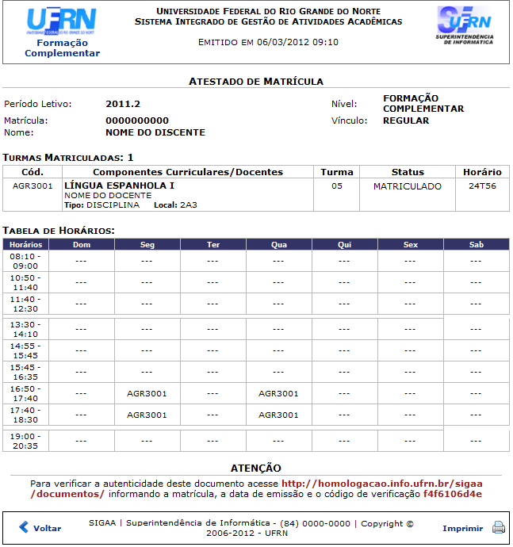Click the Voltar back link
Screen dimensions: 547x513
point(47,528)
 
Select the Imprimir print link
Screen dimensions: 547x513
point(462,528)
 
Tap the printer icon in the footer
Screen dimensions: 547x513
point(499,527)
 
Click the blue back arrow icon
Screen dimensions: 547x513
point(24,527)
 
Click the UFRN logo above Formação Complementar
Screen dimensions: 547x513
point(62,21)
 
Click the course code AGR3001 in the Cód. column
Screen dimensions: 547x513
point(33,186)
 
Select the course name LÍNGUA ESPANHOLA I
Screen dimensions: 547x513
point(119,186)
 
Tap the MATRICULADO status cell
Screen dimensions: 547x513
point(408,186)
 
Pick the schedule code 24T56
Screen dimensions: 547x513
point(482,186)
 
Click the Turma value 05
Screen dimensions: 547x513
point(337,186)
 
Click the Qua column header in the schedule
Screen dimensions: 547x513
point(279,245)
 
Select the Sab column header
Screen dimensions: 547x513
point(476,245)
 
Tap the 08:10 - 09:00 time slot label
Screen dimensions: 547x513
point(25,261)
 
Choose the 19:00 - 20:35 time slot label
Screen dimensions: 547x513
point(25,441)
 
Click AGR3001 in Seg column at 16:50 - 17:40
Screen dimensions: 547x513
point(147,393)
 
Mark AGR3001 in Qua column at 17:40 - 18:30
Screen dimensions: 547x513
point(278,415)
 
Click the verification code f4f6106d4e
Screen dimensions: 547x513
point(452,494)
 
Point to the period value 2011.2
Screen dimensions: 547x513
point(123,104)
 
